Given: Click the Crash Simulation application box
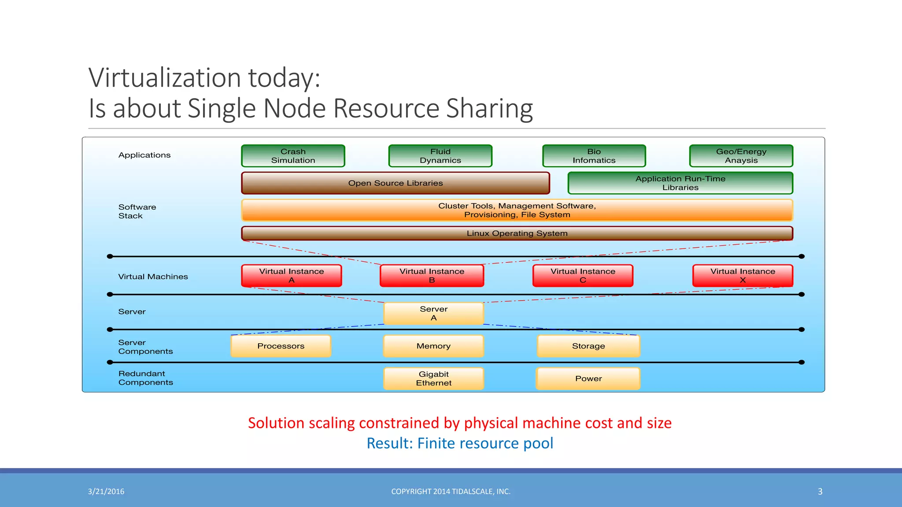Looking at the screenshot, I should pos(293,156).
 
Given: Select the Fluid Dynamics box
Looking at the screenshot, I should pos(440,156).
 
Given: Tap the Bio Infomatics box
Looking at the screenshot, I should pos(594,156).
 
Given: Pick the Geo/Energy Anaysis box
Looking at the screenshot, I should pos(741,156).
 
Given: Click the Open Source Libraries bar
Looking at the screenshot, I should pos(395,183).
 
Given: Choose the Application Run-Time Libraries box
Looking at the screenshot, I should pos(680,183).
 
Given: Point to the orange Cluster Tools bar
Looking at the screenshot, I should pos(517,210).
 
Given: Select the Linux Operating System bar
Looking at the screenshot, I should pos(517,233).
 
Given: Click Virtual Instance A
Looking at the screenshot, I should pos(291,276).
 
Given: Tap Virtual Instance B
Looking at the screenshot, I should pos(432,276).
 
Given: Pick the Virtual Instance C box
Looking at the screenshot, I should pos(583,276).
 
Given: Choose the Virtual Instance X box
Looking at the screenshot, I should pos(743,276).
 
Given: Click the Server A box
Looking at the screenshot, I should pos(433,313).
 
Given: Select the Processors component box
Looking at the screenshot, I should pos(281,346).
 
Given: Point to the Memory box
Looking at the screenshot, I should pos(433,346).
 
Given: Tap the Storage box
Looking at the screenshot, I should pos(588,346).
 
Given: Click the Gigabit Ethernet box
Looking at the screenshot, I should pos(433,378).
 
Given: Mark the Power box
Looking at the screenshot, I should pos(588,378).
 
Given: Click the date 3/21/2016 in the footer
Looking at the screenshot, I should pos(106,492).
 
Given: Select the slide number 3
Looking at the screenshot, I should pos(820,492).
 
